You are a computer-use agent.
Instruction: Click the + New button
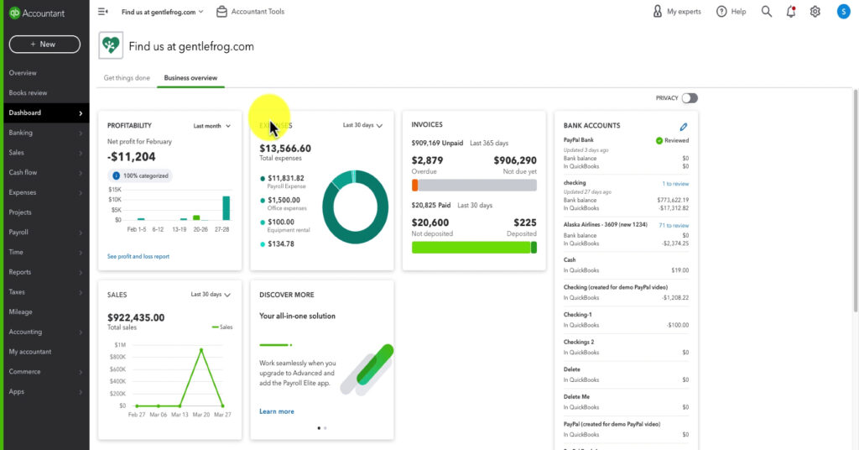[x=44, y=44]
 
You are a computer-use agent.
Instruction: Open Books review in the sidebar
[x=28, y=92]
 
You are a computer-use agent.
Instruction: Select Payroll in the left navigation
[x=18, y=232]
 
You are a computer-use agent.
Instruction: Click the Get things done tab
[x=127, y=78]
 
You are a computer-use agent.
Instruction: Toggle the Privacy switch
[x=690, y=98]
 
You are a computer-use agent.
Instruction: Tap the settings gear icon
[x=815, y=12]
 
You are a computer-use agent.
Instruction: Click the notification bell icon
[x=791, y=12]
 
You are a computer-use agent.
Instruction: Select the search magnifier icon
[x=767, y=12]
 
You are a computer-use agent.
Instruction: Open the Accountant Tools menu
[x=250, y=12]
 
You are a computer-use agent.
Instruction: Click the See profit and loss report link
[x=138, y=256]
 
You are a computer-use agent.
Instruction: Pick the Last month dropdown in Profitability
[x=212, y=126]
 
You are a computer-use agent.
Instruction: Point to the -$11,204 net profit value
[x=132, y=157]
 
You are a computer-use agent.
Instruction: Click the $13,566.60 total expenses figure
[x=285, y=149]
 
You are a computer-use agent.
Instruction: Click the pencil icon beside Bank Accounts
[x=683, y=126]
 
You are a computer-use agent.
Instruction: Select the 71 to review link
[x=674, y=225]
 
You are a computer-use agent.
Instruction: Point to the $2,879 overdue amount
[x=428, y=160]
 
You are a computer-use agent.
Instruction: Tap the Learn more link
[x=277, y=411]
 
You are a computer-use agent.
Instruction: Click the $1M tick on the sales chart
[x=119, y=345]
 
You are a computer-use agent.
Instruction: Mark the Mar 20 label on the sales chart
[x=201, y=415]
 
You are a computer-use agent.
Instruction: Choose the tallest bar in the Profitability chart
[x=226, y=207]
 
